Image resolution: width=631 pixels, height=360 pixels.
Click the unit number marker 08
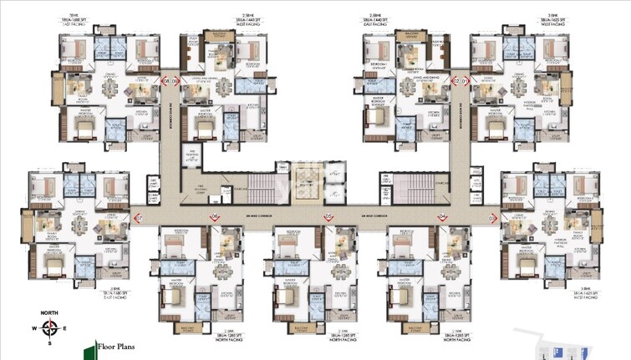coord(166,81)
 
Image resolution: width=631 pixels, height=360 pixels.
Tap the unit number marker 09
coord(176,81)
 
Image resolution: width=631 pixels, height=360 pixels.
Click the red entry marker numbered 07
coord(139,218)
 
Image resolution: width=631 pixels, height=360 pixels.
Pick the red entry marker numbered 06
coord(214,218)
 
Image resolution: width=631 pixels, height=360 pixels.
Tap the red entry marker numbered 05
coord(328,218)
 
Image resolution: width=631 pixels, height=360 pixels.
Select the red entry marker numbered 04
coord(441,218)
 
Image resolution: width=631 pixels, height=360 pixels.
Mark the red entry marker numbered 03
coord(493,218)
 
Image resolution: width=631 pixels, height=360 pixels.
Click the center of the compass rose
coord(50,327)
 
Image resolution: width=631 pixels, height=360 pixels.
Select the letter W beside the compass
coord(33,327)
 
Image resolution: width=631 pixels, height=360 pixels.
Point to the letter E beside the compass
coord(67,327)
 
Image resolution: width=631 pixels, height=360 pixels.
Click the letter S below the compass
coord(50,343)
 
